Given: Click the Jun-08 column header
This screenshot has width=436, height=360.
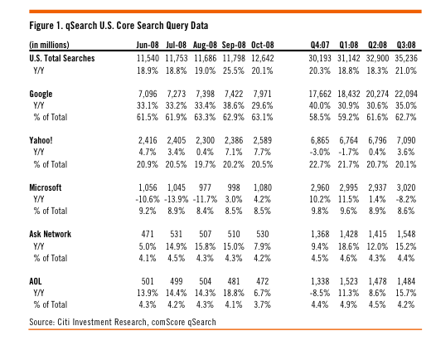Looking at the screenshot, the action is coord(148,45).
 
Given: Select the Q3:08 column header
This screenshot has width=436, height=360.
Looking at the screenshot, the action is coord(406,45).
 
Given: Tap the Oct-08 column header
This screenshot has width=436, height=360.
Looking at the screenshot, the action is coord(263,45).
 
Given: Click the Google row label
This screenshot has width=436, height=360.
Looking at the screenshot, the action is coord(41,94).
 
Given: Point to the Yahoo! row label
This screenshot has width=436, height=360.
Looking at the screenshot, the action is coord(41,140).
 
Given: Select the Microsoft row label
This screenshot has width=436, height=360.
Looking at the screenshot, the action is coord(45,187).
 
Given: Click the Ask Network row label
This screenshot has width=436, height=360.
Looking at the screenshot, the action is coord(50,234).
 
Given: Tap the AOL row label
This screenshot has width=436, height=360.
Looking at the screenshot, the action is coord(36,281).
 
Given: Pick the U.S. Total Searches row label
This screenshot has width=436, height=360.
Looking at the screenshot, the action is coord(61,58).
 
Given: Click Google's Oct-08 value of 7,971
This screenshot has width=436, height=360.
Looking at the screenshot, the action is coord(262,94).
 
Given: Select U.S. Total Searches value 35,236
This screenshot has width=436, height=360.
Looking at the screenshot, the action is coord(406,58).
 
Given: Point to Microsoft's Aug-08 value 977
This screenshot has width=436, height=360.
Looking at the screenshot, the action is coord(205,187).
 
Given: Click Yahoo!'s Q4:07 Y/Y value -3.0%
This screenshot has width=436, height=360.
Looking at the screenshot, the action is coord(319,152).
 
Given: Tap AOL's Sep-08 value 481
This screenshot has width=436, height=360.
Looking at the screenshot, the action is coord(234,281).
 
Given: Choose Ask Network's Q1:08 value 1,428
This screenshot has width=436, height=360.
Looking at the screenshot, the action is coord(348,234).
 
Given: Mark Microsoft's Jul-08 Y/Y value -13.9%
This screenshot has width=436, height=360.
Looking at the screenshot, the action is coord(176,199).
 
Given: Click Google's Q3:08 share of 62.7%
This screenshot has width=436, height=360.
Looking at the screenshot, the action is coord(405,117).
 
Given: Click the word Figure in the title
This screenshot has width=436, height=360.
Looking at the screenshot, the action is coord(41,26).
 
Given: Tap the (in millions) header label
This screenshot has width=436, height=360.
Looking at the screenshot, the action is coord(49,45).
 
